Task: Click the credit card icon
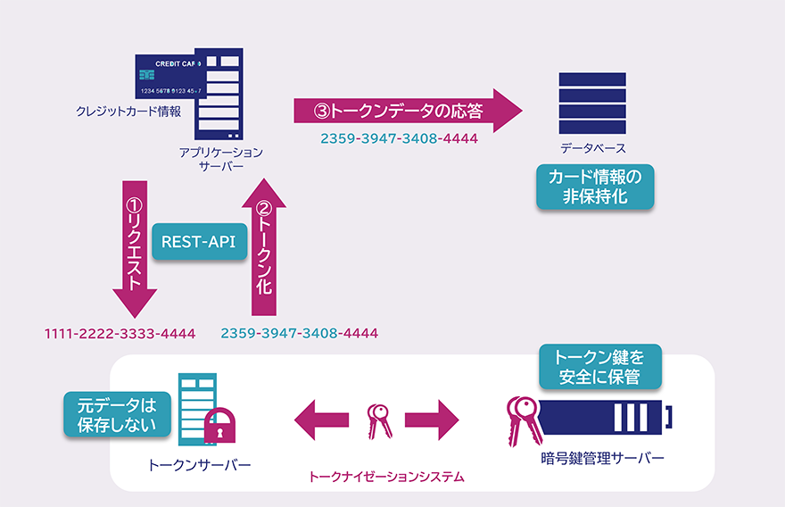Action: coord(169,77)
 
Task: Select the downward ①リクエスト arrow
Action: coord(135,248)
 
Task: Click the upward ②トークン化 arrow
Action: coord(264,246)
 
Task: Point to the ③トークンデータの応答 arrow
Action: coord(407,111)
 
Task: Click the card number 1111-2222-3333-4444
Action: coord(120,334)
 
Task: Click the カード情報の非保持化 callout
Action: coord(595,186)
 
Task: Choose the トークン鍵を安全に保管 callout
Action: coord(600,366)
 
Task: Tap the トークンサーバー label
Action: coord(200,465)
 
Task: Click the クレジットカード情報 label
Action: coord(128,112)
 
